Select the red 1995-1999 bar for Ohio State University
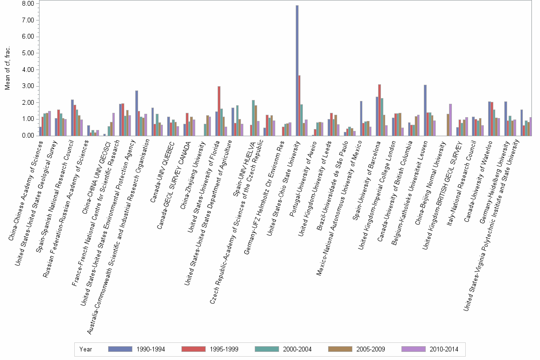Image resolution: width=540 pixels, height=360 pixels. pos(300,105)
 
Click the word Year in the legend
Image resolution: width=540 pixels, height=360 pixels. pos(86,349)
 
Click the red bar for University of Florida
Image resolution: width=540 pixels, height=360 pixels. pos(219,111)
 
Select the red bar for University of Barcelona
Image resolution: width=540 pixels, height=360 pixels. pos(380,110)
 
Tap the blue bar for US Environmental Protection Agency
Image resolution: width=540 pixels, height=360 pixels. pos(137,113)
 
